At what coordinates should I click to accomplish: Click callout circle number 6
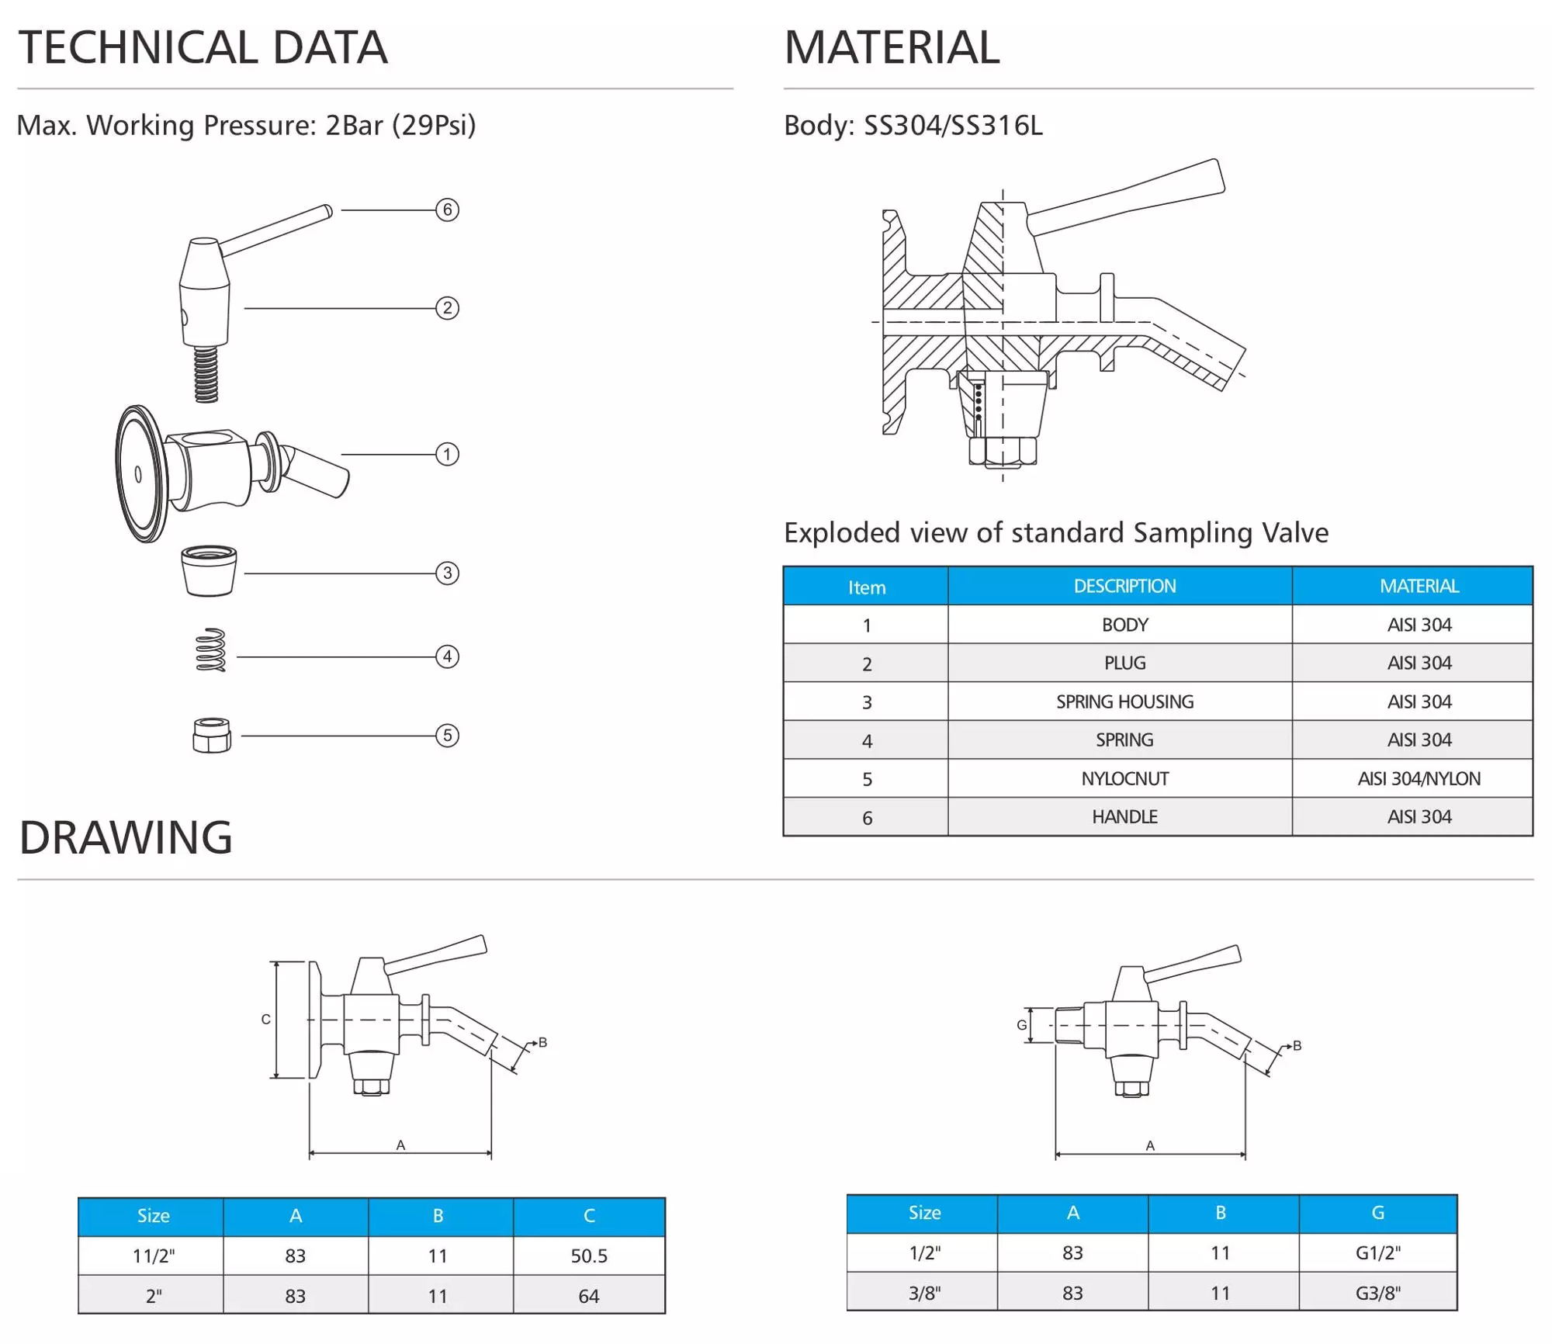point(447,210)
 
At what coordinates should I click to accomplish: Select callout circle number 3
point(447,573)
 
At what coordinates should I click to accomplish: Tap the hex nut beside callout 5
point(212,736)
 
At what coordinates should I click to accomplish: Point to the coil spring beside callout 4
point(210,650)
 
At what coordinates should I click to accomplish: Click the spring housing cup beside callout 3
point(209,571)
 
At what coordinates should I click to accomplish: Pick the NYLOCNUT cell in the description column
point(1124,778)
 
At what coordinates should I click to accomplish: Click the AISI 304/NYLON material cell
point(1419,778)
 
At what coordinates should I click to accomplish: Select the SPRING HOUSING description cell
point(1124,701)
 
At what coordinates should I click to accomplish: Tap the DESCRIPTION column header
point(1124,586)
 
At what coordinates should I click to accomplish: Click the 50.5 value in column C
point(589,1256)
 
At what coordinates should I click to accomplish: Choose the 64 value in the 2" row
point(589,1296)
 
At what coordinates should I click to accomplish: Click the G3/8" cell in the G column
point(1378,1293)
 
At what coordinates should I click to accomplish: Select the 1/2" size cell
point(924,1252)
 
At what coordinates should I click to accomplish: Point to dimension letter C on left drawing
point(265,1019)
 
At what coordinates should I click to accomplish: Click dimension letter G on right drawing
point(1022,1025)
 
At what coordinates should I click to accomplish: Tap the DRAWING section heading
point(126,837)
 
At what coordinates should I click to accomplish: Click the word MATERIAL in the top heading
point(892,47)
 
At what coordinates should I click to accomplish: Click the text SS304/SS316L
point(953,125)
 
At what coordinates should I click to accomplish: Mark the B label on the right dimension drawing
point(1297,1046)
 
